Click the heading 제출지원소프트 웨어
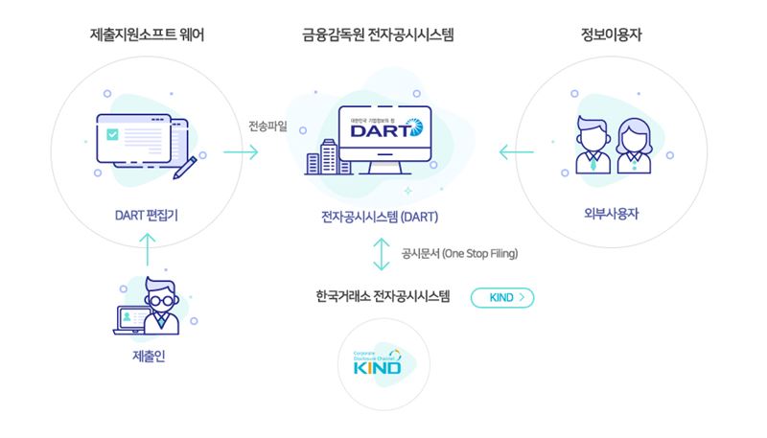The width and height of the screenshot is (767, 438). point(147,35)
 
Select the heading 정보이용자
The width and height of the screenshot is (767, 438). point(611,35)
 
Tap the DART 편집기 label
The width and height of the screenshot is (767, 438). point(147,215)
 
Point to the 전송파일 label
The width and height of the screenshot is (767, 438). point(267,126)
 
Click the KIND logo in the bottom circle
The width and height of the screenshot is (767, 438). point(381,364)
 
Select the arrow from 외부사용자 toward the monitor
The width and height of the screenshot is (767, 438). point(517,151)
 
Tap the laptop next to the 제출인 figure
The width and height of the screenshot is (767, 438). point(128,321)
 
